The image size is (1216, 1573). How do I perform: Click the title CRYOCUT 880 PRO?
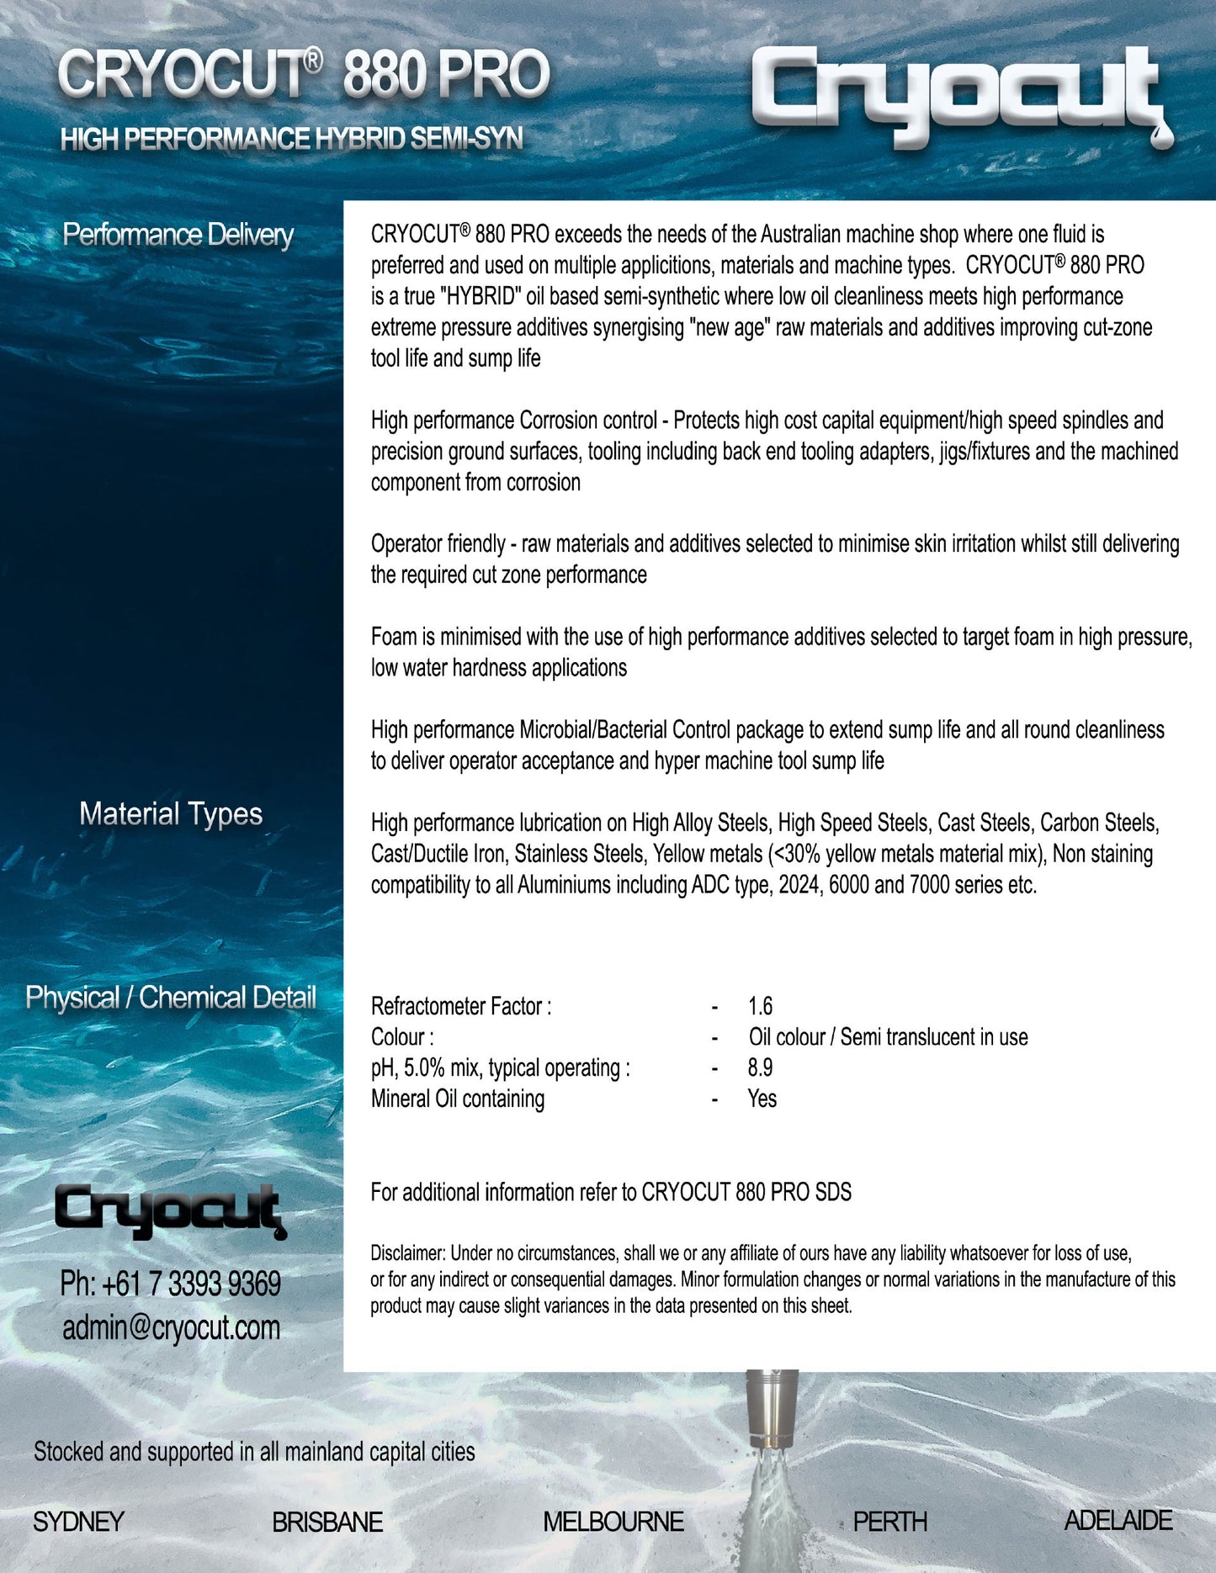[303, 74]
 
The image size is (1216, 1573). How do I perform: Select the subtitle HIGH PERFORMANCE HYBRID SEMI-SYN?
[291, 139]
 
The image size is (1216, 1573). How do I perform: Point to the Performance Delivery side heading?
[178, 235]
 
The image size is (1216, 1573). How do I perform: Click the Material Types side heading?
[171, 813]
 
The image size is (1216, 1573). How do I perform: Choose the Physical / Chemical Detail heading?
[171, 998]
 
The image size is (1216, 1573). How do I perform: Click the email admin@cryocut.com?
[171, 1327]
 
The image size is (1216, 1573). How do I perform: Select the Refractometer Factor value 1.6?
[760, 1006]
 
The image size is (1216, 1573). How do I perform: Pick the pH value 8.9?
[760, 1067]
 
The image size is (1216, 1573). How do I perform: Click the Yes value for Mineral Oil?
[762, 1099]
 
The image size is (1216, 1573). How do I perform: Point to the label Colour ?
[402, 1037]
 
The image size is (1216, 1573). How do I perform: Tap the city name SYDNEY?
[78, 1522]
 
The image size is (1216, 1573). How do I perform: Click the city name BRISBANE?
[327, 1522]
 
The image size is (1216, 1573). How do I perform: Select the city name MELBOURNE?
[613, 1522]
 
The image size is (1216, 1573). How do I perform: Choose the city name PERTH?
[889, 1522]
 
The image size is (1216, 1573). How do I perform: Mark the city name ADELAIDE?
[1118, 1520]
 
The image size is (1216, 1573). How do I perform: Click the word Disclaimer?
[407, 1253]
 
